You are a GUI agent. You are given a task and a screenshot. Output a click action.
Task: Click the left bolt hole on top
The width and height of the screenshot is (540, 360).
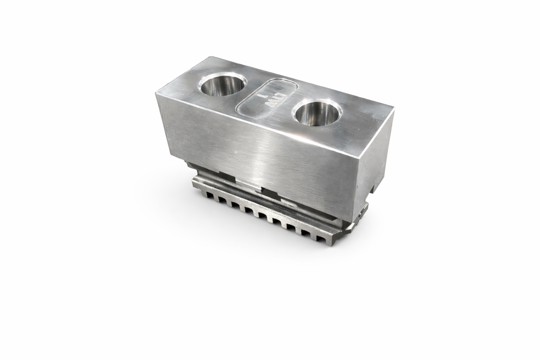click(x=223, y=85)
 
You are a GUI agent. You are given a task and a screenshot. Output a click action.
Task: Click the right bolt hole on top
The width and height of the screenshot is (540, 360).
click(x=317, y=113)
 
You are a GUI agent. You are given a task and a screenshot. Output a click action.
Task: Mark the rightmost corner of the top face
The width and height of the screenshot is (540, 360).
click(x=393, y=111)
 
